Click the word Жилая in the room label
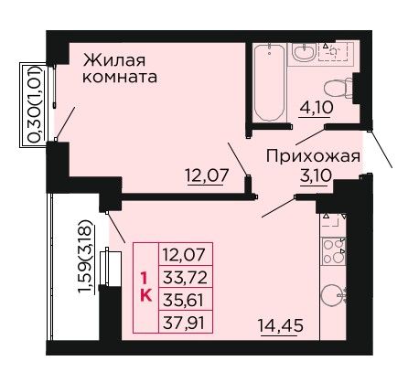pyautogui.click(x=114, y=60)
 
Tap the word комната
pyautogui.click(x=120, y=78)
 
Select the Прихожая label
pyautogui.click(x=314, y=157)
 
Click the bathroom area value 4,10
pyautogui.click(x=317, y=108)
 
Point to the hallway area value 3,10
pyautogui.click(x=316, y=175)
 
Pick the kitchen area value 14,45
pyautogui.click(x=281, y=325)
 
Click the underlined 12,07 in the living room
pyautogui.click(x=207, y=175)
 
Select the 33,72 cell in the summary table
pyautogui.click(x=186, y=278)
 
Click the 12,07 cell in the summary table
pyautogui.click(x=186, y=254)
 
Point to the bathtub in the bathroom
pyautogui.click(x=270, y=82)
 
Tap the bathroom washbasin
pyautogui.click(x=303, y=51)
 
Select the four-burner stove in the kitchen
pyautogui.click(x=334, y=251)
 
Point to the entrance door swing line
pyautogui.click(x=381, y=149)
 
